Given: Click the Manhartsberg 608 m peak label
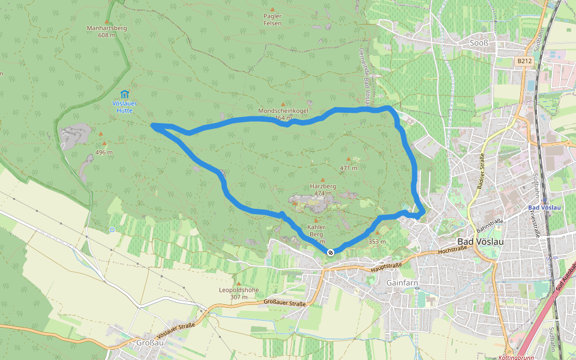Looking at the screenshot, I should [106, 31].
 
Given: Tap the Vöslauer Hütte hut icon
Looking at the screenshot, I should [124, 94].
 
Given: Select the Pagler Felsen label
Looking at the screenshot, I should [272, 20].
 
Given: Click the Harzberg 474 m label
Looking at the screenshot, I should [323, 190].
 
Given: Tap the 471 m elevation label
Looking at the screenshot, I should [348, 168].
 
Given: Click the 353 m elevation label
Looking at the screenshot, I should [377, 241].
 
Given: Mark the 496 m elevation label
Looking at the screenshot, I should [104, 152].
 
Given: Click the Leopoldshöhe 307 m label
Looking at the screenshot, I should [238, 293].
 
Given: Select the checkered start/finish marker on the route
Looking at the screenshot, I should [330, 252].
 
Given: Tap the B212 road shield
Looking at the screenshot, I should [524, 61].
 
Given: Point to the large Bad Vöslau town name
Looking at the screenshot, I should [480, 241].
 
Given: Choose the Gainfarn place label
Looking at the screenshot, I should [402, 282].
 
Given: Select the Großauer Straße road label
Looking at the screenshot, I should [284, 304].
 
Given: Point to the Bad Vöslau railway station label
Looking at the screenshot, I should [544, 208].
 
